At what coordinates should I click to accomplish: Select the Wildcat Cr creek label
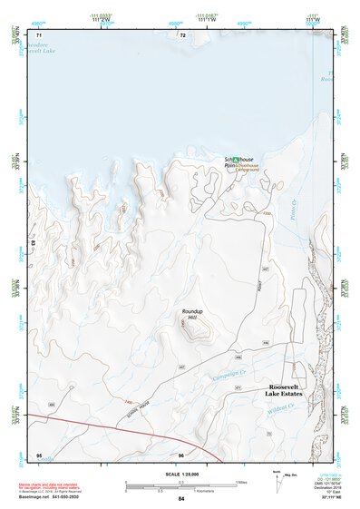tap(289, 408)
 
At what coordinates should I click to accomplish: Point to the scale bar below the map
tap(182, 487)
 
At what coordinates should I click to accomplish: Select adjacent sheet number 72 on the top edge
tap(182, 34)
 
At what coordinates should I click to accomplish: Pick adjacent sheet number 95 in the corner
tap(39, 453)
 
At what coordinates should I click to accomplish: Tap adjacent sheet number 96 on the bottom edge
tap(181, 454)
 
